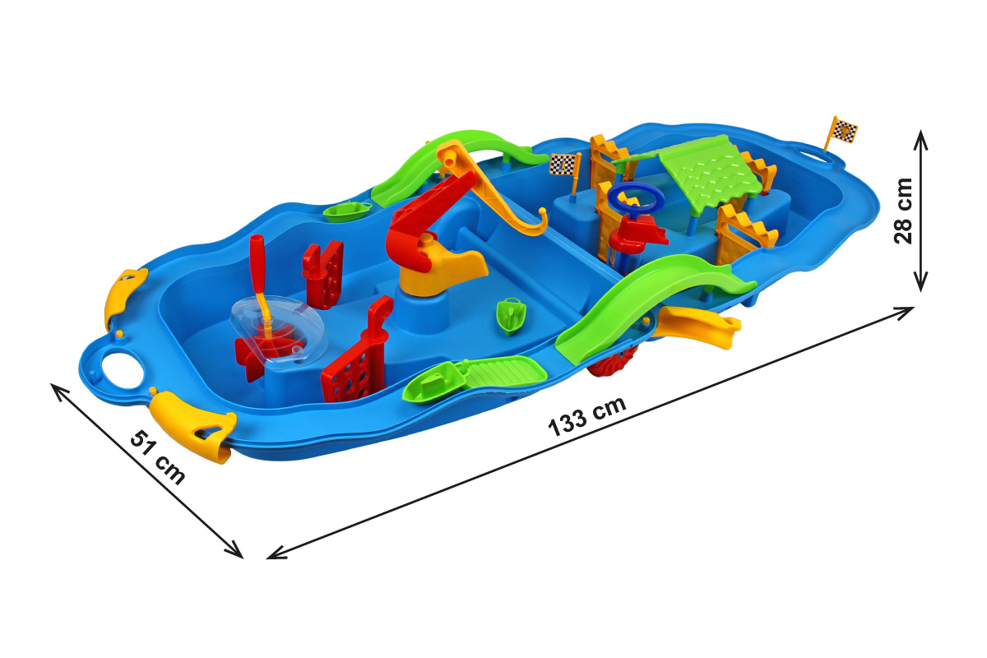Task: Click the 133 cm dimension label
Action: point(586,416)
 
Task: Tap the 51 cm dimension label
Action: point(158,457)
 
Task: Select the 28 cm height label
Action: point(903,211)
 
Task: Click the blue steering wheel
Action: point(635,199)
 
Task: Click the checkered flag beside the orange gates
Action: point(563,164)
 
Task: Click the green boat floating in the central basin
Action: point(510,315)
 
